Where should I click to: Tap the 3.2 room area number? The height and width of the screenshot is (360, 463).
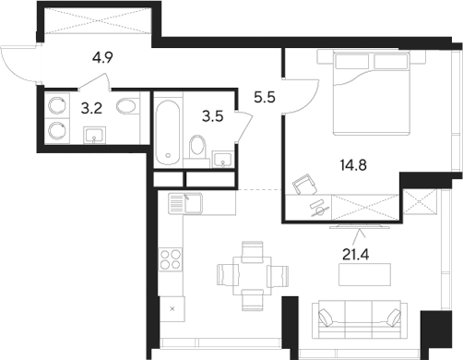coord(92,109)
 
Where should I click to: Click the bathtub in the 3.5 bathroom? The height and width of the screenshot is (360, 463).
coord(167,133)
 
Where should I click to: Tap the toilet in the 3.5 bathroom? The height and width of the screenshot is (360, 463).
coord(196,149)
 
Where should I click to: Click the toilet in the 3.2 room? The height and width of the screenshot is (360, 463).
coord(126,107)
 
